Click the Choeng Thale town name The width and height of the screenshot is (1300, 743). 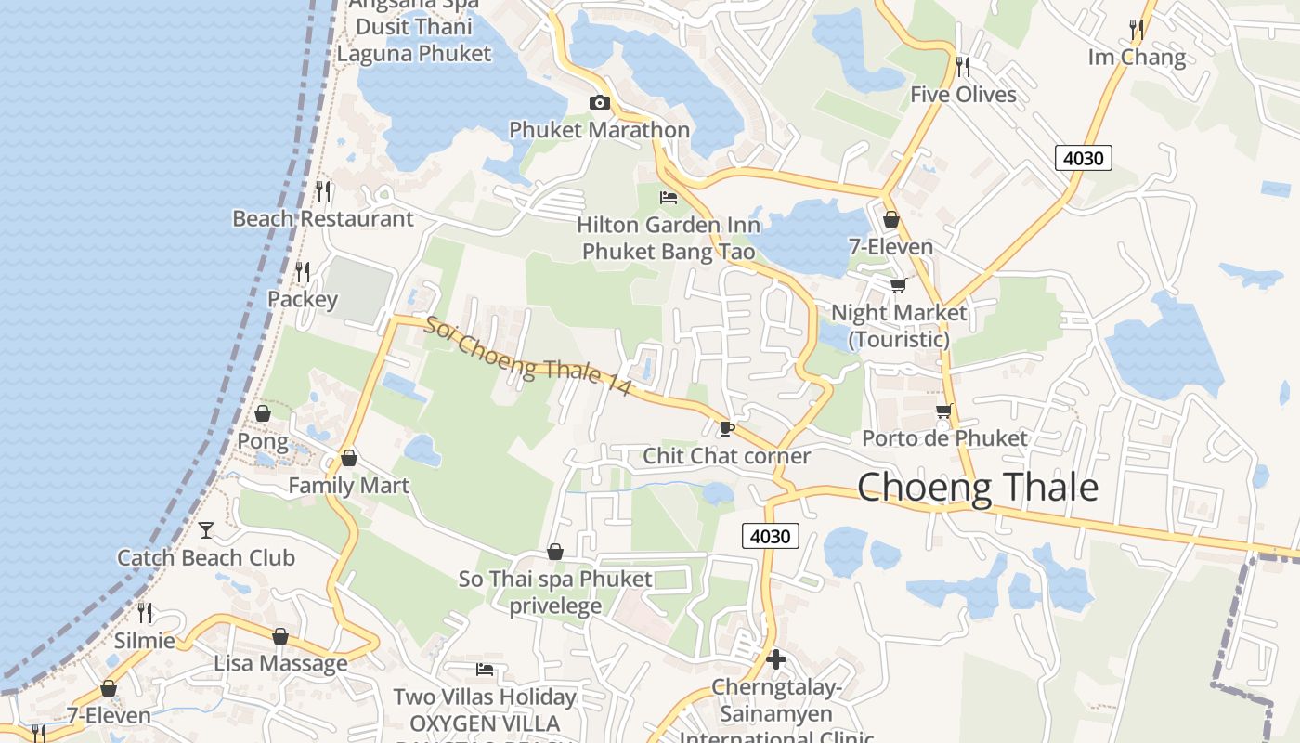(x=977, y=488)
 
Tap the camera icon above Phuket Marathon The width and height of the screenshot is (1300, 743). (x=600, y=102)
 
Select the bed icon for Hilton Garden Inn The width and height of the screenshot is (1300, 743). (x=669, y=197)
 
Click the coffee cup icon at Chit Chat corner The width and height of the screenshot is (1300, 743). (x=726, y=428)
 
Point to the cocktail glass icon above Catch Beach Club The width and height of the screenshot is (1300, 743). (x=206, y=530)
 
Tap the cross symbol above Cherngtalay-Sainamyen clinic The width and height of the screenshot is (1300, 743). (x=776, y=659)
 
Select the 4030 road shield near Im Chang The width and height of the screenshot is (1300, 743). (x=1083, y=158)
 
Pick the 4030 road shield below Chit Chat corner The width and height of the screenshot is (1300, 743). (x=770, y=536)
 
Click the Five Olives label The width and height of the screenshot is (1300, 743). (x=963, y=95)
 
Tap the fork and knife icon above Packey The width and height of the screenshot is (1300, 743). (x=303, y=272)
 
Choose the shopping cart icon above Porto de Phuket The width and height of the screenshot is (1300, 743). (x=944, y=411)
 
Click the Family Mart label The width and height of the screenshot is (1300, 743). (x=348, y=486)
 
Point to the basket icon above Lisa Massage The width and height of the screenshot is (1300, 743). (x=280, y=637)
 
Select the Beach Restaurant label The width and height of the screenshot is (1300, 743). (x=322, y=219)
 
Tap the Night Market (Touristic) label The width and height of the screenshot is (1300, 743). (x=899, y=326)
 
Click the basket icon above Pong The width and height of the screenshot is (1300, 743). (x=263, y=413)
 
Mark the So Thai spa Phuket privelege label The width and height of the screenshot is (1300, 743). (x=555, y=593)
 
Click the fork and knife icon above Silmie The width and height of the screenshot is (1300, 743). (x=145, y=613)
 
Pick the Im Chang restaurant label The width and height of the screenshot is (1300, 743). (x=1137, y=58)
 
